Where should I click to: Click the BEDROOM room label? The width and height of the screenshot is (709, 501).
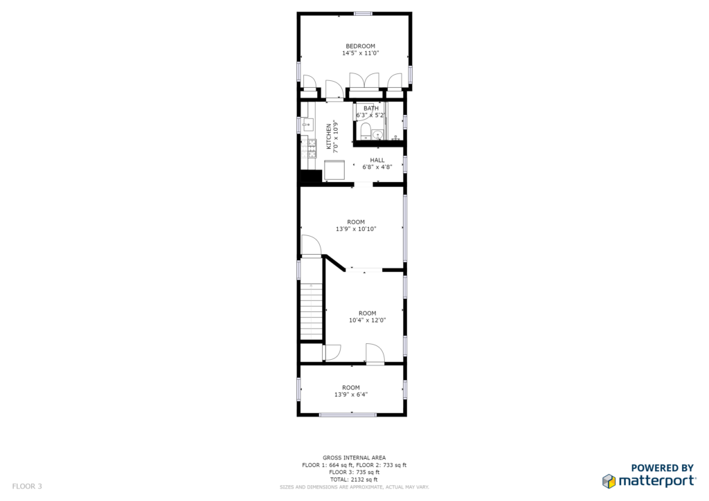pos(360,46)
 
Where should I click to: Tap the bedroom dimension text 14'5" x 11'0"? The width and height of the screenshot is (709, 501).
pos(360,53)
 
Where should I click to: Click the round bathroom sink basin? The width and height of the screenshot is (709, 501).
pos(378,134)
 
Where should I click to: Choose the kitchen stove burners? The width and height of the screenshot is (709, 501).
pos(312,149)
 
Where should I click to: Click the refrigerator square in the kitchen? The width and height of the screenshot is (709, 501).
pos(334,170)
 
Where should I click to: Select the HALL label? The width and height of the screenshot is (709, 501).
pos(377,160)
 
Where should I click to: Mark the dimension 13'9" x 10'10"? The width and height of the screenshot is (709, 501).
pos(356,229)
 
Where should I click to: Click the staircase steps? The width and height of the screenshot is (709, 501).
pos(311,311)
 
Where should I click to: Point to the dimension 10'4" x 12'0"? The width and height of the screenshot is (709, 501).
pos(367,320)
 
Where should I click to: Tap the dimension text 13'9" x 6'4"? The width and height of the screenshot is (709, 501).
pos(351,394)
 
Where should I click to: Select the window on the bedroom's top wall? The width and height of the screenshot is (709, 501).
pos(363,14)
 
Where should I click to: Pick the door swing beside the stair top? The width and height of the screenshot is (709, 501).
pos(312,245)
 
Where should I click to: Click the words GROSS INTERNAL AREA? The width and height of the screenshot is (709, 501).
pos(354,457)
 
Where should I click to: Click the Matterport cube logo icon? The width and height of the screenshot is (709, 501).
pos(609,481)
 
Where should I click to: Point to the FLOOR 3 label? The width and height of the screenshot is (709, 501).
pos(27,486)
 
